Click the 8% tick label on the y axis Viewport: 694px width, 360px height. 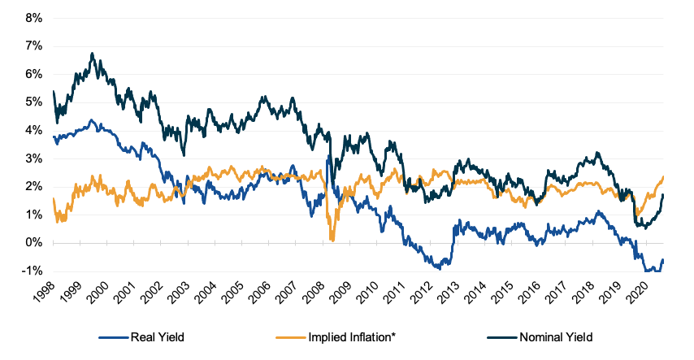click(x=33, y=18)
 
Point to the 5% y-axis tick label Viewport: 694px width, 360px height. click(x=33, y=102)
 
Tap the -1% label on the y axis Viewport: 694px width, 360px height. click(x=32, y=271)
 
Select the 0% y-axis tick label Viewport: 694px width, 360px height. click(x=33, y=243)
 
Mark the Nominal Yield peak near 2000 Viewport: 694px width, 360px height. click(x=92, y=54)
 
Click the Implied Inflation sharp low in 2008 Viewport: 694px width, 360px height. click(x=332, y=238)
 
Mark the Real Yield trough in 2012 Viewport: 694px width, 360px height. click(x=440, y=267)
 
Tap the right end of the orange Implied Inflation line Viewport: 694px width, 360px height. click(x=664, y=177)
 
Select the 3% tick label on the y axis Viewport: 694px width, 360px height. click(x=33, y=158)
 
